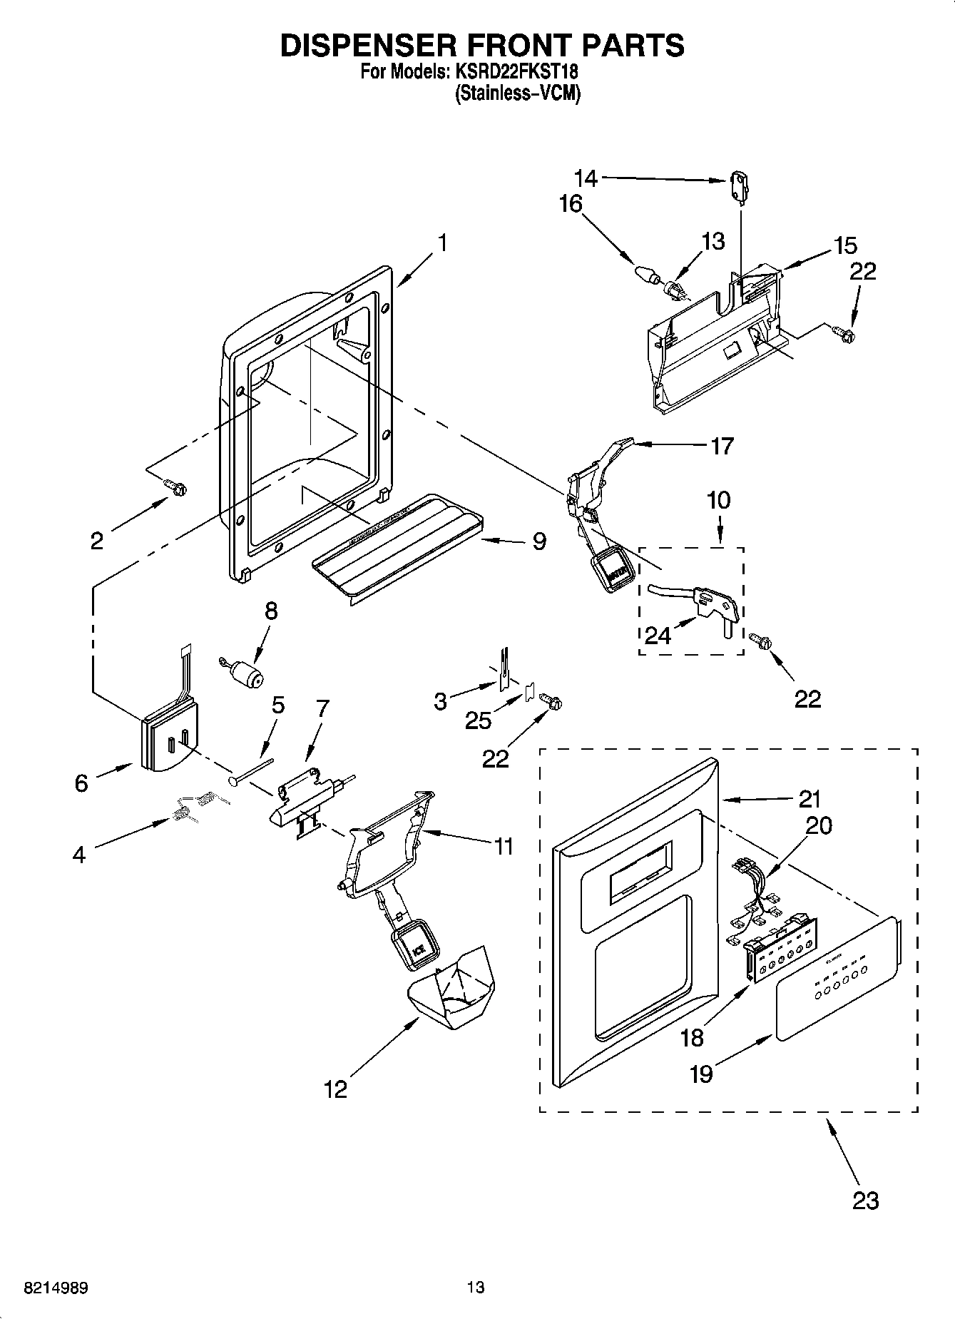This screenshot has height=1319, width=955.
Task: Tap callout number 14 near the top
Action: coord(586,177)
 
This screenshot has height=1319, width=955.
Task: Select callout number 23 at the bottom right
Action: coord(864,1201)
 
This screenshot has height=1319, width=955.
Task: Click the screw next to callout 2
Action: coord(176,488)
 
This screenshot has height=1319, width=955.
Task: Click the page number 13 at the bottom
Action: coord(476,1288)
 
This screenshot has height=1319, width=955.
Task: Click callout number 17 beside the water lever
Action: coord(722,447)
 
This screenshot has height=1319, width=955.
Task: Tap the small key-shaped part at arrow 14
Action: coord(740,183)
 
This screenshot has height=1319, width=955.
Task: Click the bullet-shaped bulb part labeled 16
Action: coord(645,273)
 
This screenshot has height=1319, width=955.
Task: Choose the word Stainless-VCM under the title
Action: coord(517,94)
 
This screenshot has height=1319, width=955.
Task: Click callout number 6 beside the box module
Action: coord(81,783)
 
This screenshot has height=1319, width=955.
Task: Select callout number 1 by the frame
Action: coord(442,243)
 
